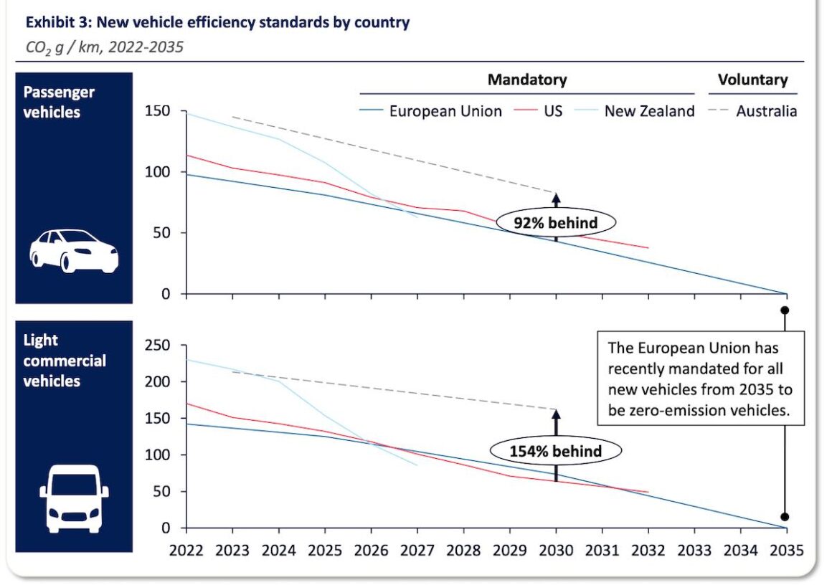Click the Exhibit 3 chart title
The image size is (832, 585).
[217, 22]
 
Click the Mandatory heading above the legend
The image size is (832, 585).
[527, 80]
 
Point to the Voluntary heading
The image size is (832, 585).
[752, 80]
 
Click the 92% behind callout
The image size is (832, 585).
[555, 222]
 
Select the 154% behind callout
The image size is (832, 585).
[555, 451]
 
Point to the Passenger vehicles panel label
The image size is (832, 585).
[59, 102]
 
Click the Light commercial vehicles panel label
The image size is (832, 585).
[65, 360]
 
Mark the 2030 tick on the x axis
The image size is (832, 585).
[556, 551]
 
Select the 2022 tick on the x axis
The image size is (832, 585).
[186, 551]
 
